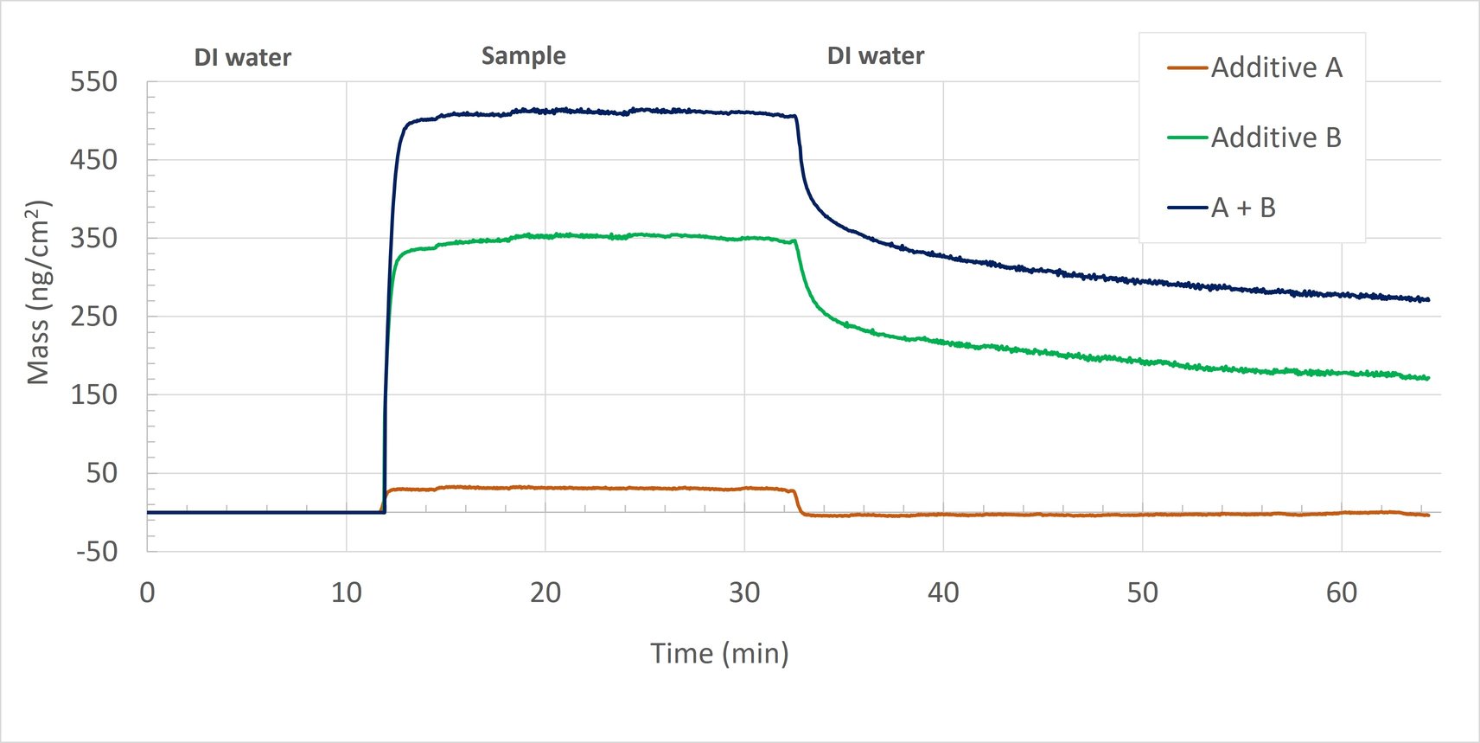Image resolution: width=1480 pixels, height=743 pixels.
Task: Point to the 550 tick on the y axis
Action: pyautogui.click(x=93, y=82)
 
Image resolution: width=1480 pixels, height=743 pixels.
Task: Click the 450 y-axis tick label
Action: pyautogui.click(x=93, y=160)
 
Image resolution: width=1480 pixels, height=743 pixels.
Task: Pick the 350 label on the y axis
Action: pyautogui.click(x=93, y=238)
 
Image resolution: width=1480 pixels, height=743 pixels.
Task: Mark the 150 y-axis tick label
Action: pyautogui.click(x=93, y=394)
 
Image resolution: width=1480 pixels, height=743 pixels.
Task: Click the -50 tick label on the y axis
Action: pyautogui.click(x=96, y=551)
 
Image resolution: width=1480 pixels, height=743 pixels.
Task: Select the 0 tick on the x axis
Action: pyautogui.click(x=147, y=592)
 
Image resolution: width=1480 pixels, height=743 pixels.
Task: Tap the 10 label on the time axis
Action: pyautogui.click(x=346, y=592)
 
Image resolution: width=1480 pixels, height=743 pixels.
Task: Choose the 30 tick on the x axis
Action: pyautogui.click(x=744, y=592)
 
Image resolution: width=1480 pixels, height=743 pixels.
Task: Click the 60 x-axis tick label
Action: pyautogui.click(x=1341, y=592)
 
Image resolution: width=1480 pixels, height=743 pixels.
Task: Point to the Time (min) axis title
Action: pyautogui.click(x=719, y=653)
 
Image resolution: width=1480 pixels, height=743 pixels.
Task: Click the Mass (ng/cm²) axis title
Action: pyautogui.click(x=38, y=292)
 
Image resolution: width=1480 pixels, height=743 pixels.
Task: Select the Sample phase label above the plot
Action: pyautogui.click(x=523, y=56)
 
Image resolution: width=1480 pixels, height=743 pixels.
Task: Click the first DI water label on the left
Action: pyautogui.click(x=242, y=58)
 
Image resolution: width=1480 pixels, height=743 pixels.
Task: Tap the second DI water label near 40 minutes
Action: pyautogui.click(x=875, y=56)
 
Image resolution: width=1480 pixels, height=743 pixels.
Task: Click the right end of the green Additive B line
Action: pyautogui.click(x=1428, y=378)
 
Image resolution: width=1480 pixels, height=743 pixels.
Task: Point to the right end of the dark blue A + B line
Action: pyautogui.click(x=1428, y=300)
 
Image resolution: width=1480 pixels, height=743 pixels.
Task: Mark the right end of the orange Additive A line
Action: pyautogui.click(x=1428, y=516)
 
